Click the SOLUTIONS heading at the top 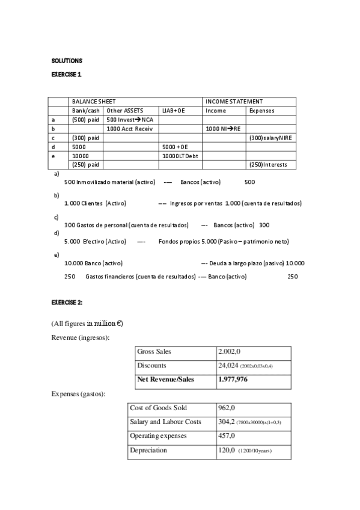(66, 61)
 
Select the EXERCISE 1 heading (66, 75)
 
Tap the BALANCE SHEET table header (94, 102)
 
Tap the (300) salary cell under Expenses (270, 138)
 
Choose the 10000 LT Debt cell (180, 156)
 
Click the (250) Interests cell (268, 165)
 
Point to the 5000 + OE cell (175, 147)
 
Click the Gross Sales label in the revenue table (154, 351)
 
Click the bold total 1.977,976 (234, 379)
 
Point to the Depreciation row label (148, 450)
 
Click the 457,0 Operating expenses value (227, 435)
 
